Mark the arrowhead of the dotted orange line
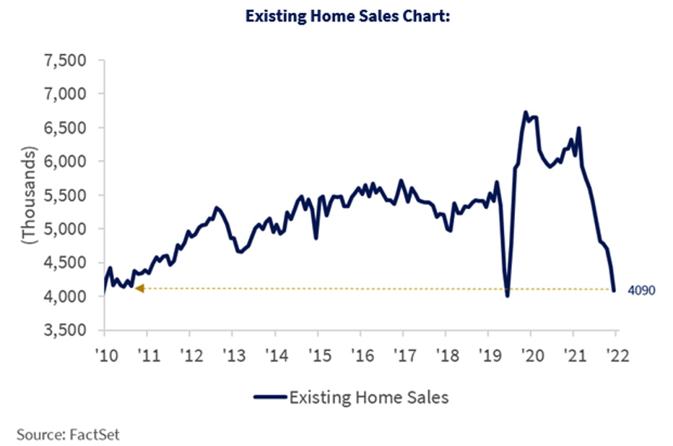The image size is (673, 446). click(139, 289)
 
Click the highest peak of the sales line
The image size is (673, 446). click(526, 112)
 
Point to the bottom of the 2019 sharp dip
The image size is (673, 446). click(508, 295)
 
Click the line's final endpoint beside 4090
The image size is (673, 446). click(615, 291)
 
